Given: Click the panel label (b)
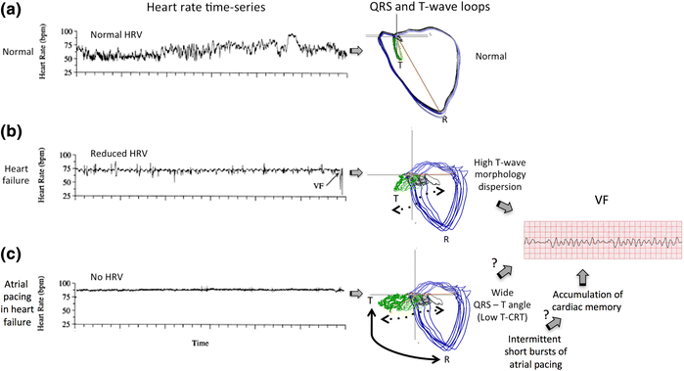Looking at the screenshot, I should pos(13,131).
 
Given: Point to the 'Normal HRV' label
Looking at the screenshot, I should pos(119,34).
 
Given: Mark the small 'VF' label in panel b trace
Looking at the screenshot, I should pos(318,183).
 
